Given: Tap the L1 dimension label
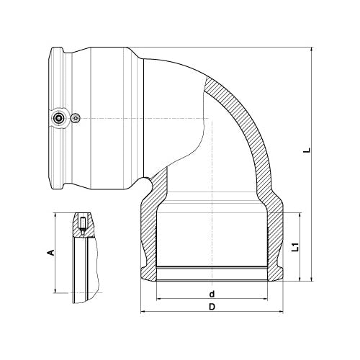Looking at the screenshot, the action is [x=296, y=247].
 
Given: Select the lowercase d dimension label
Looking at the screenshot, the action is [x=212, y=294].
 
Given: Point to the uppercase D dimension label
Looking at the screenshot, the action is [x=212, y=307].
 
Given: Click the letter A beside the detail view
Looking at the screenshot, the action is [x=50, y=253].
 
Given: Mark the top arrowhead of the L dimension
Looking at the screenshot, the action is [x=312, y=49].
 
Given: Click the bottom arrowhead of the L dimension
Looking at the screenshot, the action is [x=312, y=279].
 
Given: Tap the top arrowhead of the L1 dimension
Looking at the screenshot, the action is [x=300, y=215].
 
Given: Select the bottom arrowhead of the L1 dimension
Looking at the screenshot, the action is [x=300, y=279].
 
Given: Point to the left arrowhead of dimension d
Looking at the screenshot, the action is [x=158, y=299].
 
